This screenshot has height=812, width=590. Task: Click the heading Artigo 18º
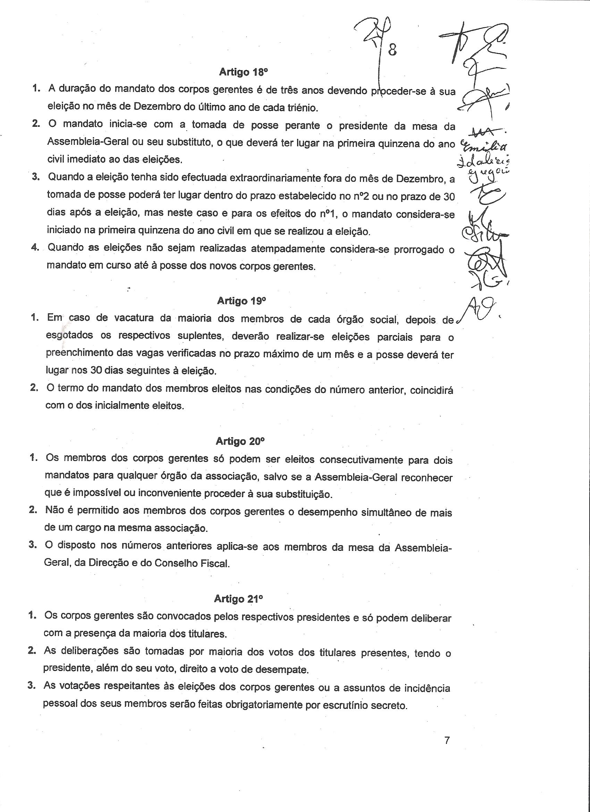[x=243, y=72]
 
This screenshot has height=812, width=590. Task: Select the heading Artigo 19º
[x=242, y=301]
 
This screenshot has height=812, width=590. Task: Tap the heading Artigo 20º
[x=240, y=441]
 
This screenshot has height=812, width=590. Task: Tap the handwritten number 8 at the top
[x=392, y=50]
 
